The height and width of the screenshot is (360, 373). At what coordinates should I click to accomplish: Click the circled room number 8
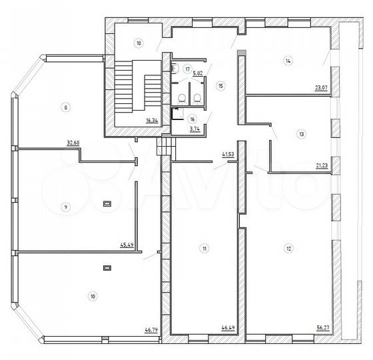click(x=66, y=107)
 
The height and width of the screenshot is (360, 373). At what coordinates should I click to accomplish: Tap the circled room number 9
click(x=66, y=207)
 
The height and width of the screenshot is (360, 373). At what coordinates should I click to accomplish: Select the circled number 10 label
click(x=93, y=297)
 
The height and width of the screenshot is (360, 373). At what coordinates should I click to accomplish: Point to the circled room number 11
click(x=204, y=249)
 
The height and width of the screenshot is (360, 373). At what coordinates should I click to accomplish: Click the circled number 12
click(x=288, y=249)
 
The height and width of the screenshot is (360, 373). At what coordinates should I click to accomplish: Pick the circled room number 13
click(x=301, y=134)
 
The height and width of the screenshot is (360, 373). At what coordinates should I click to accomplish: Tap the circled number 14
click(x=288, y=61)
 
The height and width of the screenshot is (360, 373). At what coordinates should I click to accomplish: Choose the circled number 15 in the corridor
click(x=220, y=86)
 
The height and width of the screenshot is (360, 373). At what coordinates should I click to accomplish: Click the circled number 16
click(x=192, y=119)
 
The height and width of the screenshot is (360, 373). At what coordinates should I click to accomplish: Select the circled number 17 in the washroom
click(x=188, y=69)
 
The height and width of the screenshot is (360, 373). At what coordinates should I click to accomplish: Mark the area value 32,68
click(x=73, y=143)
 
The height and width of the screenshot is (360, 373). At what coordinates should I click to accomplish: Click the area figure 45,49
click(x=127, y=245)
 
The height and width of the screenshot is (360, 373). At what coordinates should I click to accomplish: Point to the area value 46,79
click(x=151, y=330)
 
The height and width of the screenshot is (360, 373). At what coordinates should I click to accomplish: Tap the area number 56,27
click(x=323, y=328)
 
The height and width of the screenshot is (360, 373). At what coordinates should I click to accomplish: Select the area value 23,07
click(x=321, y=88)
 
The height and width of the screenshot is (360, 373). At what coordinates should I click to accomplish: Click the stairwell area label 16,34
click(x=152, y=121)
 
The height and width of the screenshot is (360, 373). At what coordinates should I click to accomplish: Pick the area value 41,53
click(x=228, y=155)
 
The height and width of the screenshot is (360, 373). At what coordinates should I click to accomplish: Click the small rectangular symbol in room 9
click(x=107, y=203)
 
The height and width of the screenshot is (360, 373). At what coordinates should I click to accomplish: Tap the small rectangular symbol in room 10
click(x=107, y=268)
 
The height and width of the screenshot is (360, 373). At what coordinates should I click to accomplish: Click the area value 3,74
click(x=194, y=129)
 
